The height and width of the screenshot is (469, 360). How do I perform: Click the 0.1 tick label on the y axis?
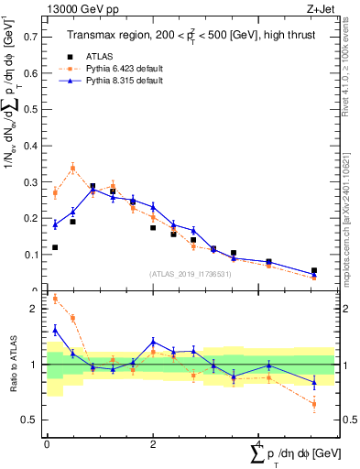click(31, 255)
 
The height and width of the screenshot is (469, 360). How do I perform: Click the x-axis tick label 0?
click(46, 443)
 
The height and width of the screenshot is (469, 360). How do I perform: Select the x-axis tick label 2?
click(152, 443)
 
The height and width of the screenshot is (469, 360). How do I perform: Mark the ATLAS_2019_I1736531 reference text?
click(191, 274)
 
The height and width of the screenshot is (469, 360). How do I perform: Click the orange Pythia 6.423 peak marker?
click(73, 168)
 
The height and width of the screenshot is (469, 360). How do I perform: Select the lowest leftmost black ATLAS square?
click(55, 247)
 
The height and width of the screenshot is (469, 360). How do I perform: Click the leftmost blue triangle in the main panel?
click(55, 224)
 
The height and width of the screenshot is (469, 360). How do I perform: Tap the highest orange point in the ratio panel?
click(55, 298)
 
